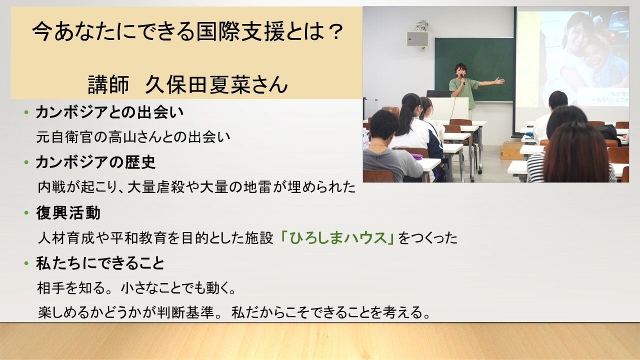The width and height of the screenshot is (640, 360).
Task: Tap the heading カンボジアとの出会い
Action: click(109, 112)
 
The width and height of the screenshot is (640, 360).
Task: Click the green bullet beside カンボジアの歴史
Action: click(26, 162)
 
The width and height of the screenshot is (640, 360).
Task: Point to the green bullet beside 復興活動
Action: click(26, 213)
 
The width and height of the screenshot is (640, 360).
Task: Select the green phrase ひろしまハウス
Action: click(337, 238)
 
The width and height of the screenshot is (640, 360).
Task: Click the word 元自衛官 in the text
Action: click(64, 137)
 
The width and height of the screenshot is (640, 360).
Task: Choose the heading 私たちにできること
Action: click(100, 263)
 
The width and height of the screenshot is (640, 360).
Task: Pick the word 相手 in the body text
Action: click(51, 288)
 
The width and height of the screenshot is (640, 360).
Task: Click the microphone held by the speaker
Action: click(462, 79)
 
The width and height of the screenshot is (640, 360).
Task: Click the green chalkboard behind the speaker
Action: click(475, 68)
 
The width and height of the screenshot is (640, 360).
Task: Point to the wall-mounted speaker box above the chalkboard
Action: click(417, 39)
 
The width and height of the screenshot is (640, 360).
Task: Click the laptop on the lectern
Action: click(438, 93)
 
